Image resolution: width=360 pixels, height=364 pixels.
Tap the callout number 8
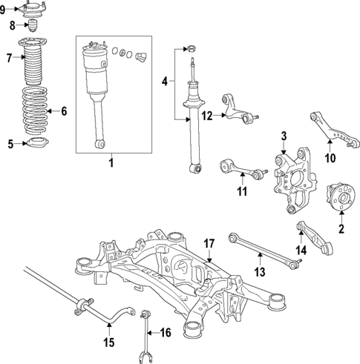click(12, 25)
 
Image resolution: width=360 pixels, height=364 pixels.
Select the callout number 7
click(9, 57)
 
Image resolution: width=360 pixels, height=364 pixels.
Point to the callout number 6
click(63, 112)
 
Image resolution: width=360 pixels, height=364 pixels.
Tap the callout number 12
click(208, 115)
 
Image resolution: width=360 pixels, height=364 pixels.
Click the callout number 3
click(283, 136)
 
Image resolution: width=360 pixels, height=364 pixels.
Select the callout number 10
click(331, 157)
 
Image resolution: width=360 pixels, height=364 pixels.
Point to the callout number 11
click(240, 192)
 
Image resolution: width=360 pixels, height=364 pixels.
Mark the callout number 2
click(341, 229)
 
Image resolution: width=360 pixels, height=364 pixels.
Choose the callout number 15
click(108, 343)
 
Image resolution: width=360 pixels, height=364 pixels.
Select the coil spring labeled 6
click(31, 112)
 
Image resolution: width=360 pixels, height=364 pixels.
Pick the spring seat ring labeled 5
click(35, 143)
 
